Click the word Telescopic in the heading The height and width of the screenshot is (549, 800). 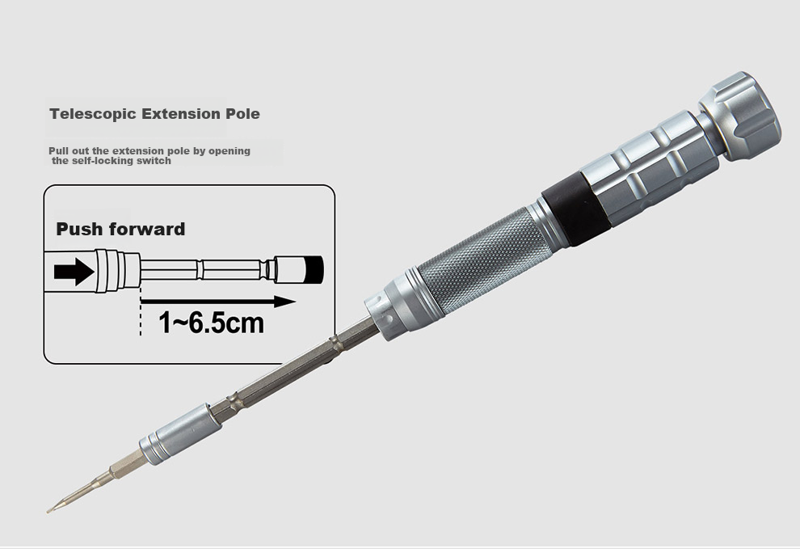pyautogui.click(x=94, y=113)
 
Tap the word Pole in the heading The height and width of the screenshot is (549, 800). pyautogui.click(x=243, y=113)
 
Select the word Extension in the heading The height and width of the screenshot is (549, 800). pyautogui.click(x=182, y=113)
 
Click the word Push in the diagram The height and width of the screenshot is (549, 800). pyautogui.click(x=79, y=229)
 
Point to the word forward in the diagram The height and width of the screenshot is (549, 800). pyautogui.click(x=146, y=229)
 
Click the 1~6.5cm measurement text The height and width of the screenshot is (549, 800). pyautogui.click(x=211, y=323)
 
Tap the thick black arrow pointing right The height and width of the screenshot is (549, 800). pyautogui.click(x=74, y=271)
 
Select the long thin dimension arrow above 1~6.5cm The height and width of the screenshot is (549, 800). pyautogui.click(x=218, y=302)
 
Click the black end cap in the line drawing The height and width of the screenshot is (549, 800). pyautogui.click(x=313, y=269)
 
